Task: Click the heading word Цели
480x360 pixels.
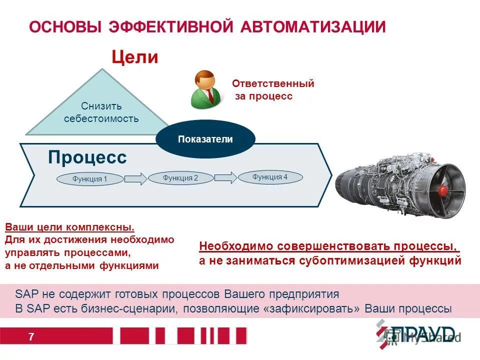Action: [134, 57]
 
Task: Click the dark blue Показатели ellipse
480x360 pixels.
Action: [205, 139]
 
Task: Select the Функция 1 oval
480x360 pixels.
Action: [89, 179]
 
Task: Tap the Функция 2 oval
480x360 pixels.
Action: [180, 177]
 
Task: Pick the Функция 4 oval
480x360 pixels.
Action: [269, 177]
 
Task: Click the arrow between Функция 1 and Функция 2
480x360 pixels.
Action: [135, 178]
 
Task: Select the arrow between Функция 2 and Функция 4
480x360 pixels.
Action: [225, 177]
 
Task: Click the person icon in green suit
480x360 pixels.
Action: [205, 89]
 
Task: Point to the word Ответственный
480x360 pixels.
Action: [273, 84]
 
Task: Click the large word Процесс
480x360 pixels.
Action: [87, 157]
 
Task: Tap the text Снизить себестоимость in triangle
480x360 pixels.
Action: [101, 113]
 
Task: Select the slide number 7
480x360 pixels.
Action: [31, 337]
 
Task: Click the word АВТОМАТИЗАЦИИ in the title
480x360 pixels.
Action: [313, 26]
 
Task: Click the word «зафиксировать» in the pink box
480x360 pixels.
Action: [310, 308]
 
